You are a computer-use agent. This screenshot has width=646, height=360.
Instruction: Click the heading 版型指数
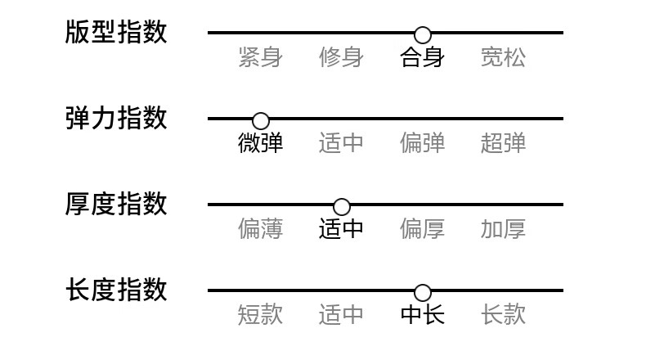tap(116, 32)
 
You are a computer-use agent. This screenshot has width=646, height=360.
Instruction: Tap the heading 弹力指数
tap(116, 118)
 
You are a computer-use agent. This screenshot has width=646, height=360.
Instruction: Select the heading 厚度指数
tap(116, 204)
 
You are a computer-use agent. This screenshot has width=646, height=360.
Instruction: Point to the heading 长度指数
tap(116, 290)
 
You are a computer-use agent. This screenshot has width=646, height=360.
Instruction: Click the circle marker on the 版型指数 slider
tap(423, 35)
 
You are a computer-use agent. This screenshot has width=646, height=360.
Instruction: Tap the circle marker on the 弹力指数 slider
tap(261, 121)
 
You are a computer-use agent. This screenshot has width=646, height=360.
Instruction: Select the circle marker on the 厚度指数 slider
tap(342, 207)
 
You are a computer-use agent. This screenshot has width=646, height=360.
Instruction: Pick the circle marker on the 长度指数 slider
tap(423, 292)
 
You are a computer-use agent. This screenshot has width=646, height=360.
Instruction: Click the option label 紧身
tap(260, 57)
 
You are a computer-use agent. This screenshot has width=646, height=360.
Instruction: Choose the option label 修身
tap(341, 57)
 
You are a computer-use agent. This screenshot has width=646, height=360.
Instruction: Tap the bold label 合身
tap(422, 57)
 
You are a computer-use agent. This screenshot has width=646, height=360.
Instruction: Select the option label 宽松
tap(503, 57)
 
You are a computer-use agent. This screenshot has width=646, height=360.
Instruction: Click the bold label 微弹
tap(260, 143)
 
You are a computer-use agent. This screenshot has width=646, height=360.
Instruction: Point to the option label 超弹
tap(503, 143)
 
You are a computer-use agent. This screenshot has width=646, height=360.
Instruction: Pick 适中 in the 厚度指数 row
tap(341, 229)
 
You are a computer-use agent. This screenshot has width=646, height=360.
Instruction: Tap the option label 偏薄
tap(260, 229)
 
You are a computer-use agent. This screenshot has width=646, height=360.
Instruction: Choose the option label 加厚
tap(503, 229)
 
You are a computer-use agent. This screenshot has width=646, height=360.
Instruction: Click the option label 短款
tap(260, 315)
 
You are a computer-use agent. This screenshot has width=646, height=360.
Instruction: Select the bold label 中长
tap(422, 315)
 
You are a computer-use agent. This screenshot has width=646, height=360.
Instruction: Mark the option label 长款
tap(503, 315)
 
